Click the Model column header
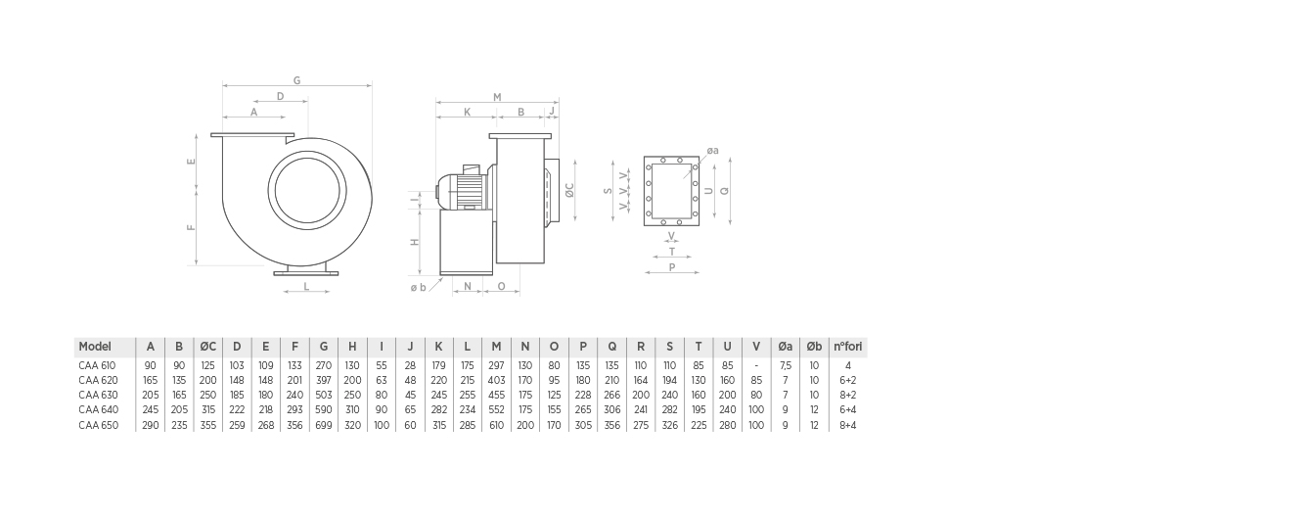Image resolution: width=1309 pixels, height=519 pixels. tap(95, 347)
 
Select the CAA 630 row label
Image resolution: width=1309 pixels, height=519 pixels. tap(98, 395)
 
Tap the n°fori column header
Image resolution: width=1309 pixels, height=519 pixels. tap(847, 347)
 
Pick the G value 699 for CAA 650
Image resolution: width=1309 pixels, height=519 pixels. tap(324, 425)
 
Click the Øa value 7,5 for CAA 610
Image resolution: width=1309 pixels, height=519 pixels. tap(786, 365)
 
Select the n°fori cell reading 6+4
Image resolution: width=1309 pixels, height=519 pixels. tap(848, 410)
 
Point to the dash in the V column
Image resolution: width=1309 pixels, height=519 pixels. tap(756, 365)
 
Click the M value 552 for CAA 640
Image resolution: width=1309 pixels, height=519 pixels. tap(496, 410)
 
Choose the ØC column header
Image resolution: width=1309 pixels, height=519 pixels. tap(208, 347)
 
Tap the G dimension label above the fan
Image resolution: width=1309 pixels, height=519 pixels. tap(296, 80)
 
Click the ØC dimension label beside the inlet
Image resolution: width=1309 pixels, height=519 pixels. tap(569, 190)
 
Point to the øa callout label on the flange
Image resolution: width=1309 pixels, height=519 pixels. tap(713, 151)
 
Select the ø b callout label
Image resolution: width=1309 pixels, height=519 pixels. tap(419, 287)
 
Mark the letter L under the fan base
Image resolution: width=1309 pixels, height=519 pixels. tap(306, 287)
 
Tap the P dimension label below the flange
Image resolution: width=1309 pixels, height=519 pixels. tap(672, 267)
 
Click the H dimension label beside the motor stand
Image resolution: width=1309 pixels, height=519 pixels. tap(415, 242)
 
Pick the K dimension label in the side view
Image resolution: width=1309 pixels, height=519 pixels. tap(467, 112)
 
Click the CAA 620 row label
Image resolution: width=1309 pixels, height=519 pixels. tap(98, 380)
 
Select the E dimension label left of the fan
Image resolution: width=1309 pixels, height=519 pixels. tap(191, 162)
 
